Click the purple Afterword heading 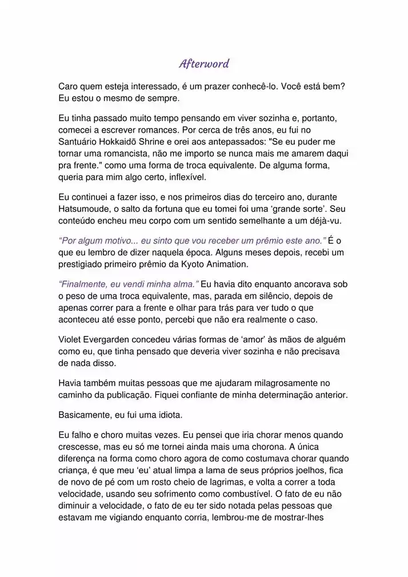click(204, 63)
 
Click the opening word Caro click(69, 86)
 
